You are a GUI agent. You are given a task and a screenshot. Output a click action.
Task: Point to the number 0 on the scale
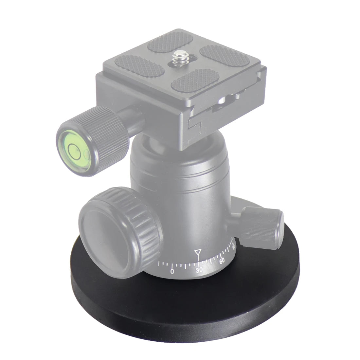click(172, 272)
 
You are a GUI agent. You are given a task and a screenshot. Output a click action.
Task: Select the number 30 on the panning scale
click(199, 270)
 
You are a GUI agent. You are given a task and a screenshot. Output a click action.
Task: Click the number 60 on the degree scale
click(222, 261)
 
